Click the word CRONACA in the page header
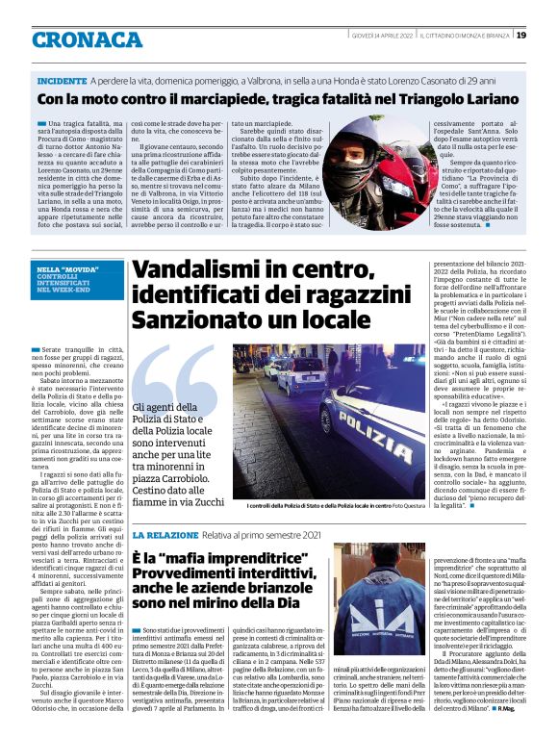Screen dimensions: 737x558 point(87,39)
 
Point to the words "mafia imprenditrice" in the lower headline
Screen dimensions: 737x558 point(212,559)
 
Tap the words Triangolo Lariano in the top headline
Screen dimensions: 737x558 point(433,100)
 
